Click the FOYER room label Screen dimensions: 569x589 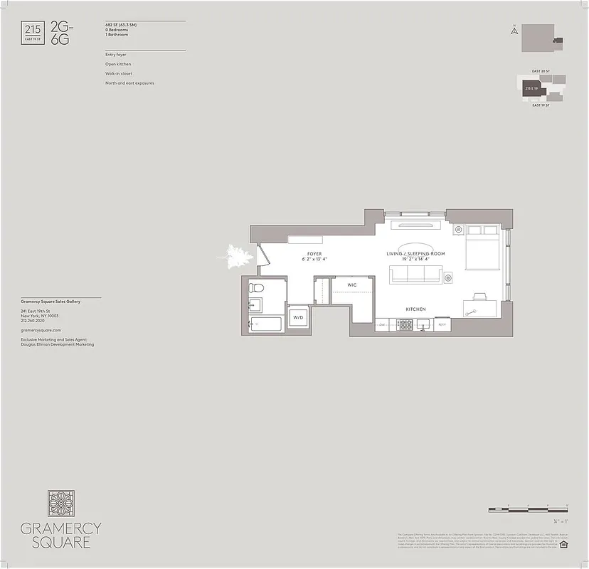(314, 254)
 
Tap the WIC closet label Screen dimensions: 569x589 (351, 284)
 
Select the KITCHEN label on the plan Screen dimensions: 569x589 (415, 309)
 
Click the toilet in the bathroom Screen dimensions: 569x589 (258, 288)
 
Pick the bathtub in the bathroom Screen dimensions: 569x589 (265, 324)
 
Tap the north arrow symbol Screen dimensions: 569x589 (513, 30)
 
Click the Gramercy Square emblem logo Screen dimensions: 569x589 (60, 504)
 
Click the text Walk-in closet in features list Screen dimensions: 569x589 (118, 73)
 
